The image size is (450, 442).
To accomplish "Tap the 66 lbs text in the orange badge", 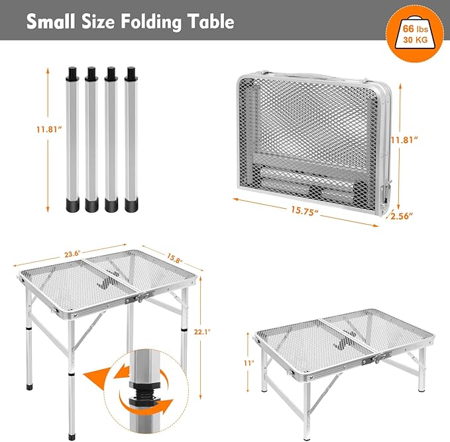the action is (416, 28).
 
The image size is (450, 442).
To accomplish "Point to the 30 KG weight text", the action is (416, 40).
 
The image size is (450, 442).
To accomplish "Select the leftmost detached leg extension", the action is (73, 139).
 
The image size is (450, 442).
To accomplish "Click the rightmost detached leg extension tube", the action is (131, 139).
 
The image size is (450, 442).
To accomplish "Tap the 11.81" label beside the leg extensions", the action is (49, 129).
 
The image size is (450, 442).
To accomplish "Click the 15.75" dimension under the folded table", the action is (304, 210).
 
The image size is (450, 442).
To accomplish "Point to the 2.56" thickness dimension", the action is (402, 216).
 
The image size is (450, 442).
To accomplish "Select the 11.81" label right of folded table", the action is (404, 140).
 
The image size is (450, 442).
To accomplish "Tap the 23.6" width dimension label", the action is (72, 254).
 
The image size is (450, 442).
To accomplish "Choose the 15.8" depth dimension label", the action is (174, 258).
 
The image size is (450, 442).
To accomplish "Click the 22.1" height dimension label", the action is (202, 332).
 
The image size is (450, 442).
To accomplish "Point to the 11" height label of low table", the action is (249, 363).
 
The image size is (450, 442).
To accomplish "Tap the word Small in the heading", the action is (51, 21).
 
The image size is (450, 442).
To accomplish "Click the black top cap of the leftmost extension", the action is (72, 74).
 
